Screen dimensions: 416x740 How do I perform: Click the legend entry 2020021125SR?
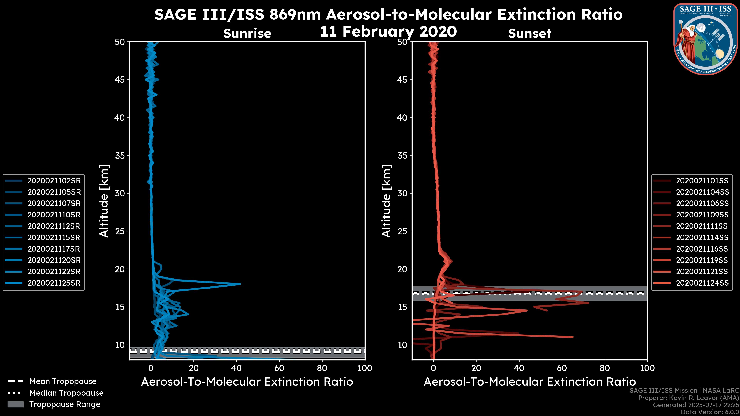[x=54, y=283]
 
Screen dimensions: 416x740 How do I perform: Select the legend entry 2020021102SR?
[x=54, y=181]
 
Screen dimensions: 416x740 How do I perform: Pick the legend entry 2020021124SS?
[x=702, y=283]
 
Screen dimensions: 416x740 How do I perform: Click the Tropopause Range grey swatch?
[x=15, y=404]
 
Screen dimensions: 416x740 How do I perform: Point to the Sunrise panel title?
[x=247, y=34]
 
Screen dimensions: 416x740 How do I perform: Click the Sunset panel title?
[x=529, y=34]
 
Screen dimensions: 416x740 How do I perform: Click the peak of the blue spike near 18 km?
[x=240, y=284]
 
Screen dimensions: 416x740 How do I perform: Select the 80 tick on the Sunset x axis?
[x=605, y=368]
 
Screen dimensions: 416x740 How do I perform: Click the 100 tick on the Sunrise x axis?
[x=365, y=368]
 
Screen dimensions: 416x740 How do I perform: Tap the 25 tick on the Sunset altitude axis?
[x=402, y=231]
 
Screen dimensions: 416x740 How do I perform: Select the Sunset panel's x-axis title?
[x=529, y=382]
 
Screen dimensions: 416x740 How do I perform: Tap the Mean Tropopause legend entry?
[x=63, y=382]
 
